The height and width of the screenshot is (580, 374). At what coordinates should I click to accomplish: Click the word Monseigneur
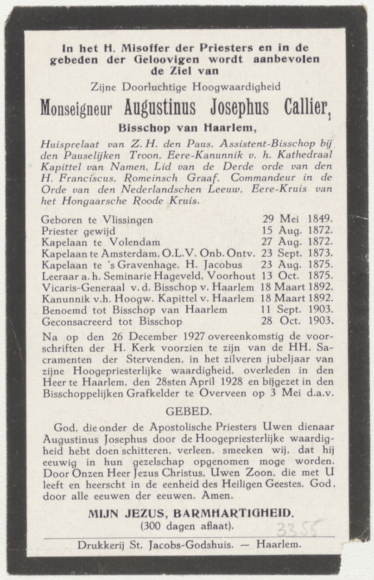tap(76, 109)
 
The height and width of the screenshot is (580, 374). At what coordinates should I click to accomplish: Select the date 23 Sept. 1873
tap(298, 253)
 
